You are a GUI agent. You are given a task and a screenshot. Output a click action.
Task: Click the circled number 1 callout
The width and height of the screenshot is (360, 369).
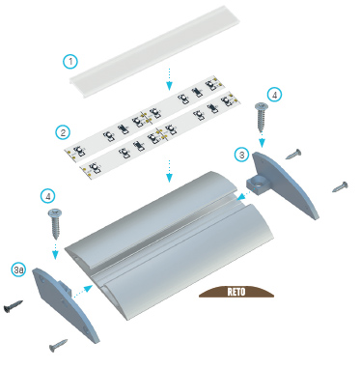point(70,61)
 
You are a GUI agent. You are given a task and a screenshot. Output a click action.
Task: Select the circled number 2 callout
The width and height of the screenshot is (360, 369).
point(63,132)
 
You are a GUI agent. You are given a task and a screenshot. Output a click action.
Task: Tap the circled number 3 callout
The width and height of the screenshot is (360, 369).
point(242,155)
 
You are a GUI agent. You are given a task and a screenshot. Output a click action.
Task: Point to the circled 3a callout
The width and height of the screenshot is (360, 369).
point(19,270)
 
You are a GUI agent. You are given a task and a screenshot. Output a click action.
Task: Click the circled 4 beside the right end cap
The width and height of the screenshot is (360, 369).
point(274,95)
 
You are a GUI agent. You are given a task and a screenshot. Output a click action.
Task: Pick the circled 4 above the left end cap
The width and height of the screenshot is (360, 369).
point(48,196)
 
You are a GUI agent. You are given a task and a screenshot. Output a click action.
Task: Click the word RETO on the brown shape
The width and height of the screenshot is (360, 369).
point(236,292)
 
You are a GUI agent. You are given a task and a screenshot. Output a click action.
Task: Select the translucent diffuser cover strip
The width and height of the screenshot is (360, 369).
point(155,51)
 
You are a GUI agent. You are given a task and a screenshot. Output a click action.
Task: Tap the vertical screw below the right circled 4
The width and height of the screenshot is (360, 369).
point(261,117)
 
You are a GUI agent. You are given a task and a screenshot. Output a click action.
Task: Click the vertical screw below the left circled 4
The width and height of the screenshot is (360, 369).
point(55,223)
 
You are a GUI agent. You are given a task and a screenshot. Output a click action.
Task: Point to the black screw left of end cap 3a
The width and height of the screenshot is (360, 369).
point(14,305)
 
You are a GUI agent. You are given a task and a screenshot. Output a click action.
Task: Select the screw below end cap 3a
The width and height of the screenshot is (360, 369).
point(59,345)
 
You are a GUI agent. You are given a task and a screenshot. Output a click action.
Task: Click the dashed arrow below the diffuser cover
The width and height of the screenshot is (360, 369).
point(169,79)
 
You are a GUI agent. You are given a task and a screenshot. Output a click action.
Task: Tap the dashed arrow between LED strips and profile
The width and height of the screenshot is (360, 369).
point(169,171)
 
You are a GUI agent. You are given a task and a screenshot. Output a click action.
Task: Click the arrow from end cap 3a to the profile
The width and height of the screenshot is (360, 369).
point(83,291)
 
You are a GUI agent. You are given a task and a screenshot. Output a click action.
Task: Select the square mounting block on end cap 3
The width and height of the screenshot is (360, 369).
point(257,185)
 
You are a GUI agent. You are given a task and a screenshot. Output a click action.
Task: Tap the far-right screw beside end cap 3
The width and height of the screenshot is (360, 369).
point(340,186)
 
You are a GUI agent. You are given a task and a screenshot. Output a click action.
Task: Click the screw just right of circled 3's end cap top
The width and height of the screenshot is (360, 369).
point(293,155)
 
